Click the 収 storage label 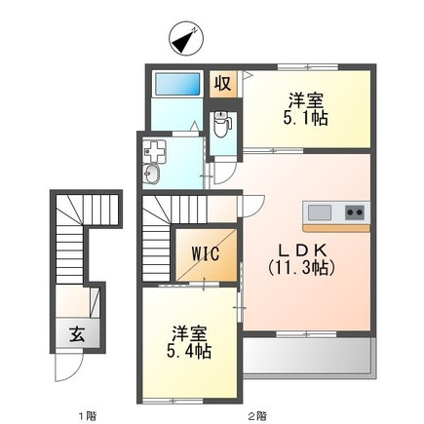pos(223,83)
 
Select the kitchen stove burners pos(354,212)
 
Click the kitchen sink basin pos(320,212)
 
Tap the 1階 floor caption pos(87,415)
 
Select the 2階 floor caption pos(257,415)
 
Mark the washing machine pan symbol pos(155,150)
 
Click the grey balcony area pos(308,356)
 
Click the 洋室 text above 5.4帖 pos(189,328)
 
